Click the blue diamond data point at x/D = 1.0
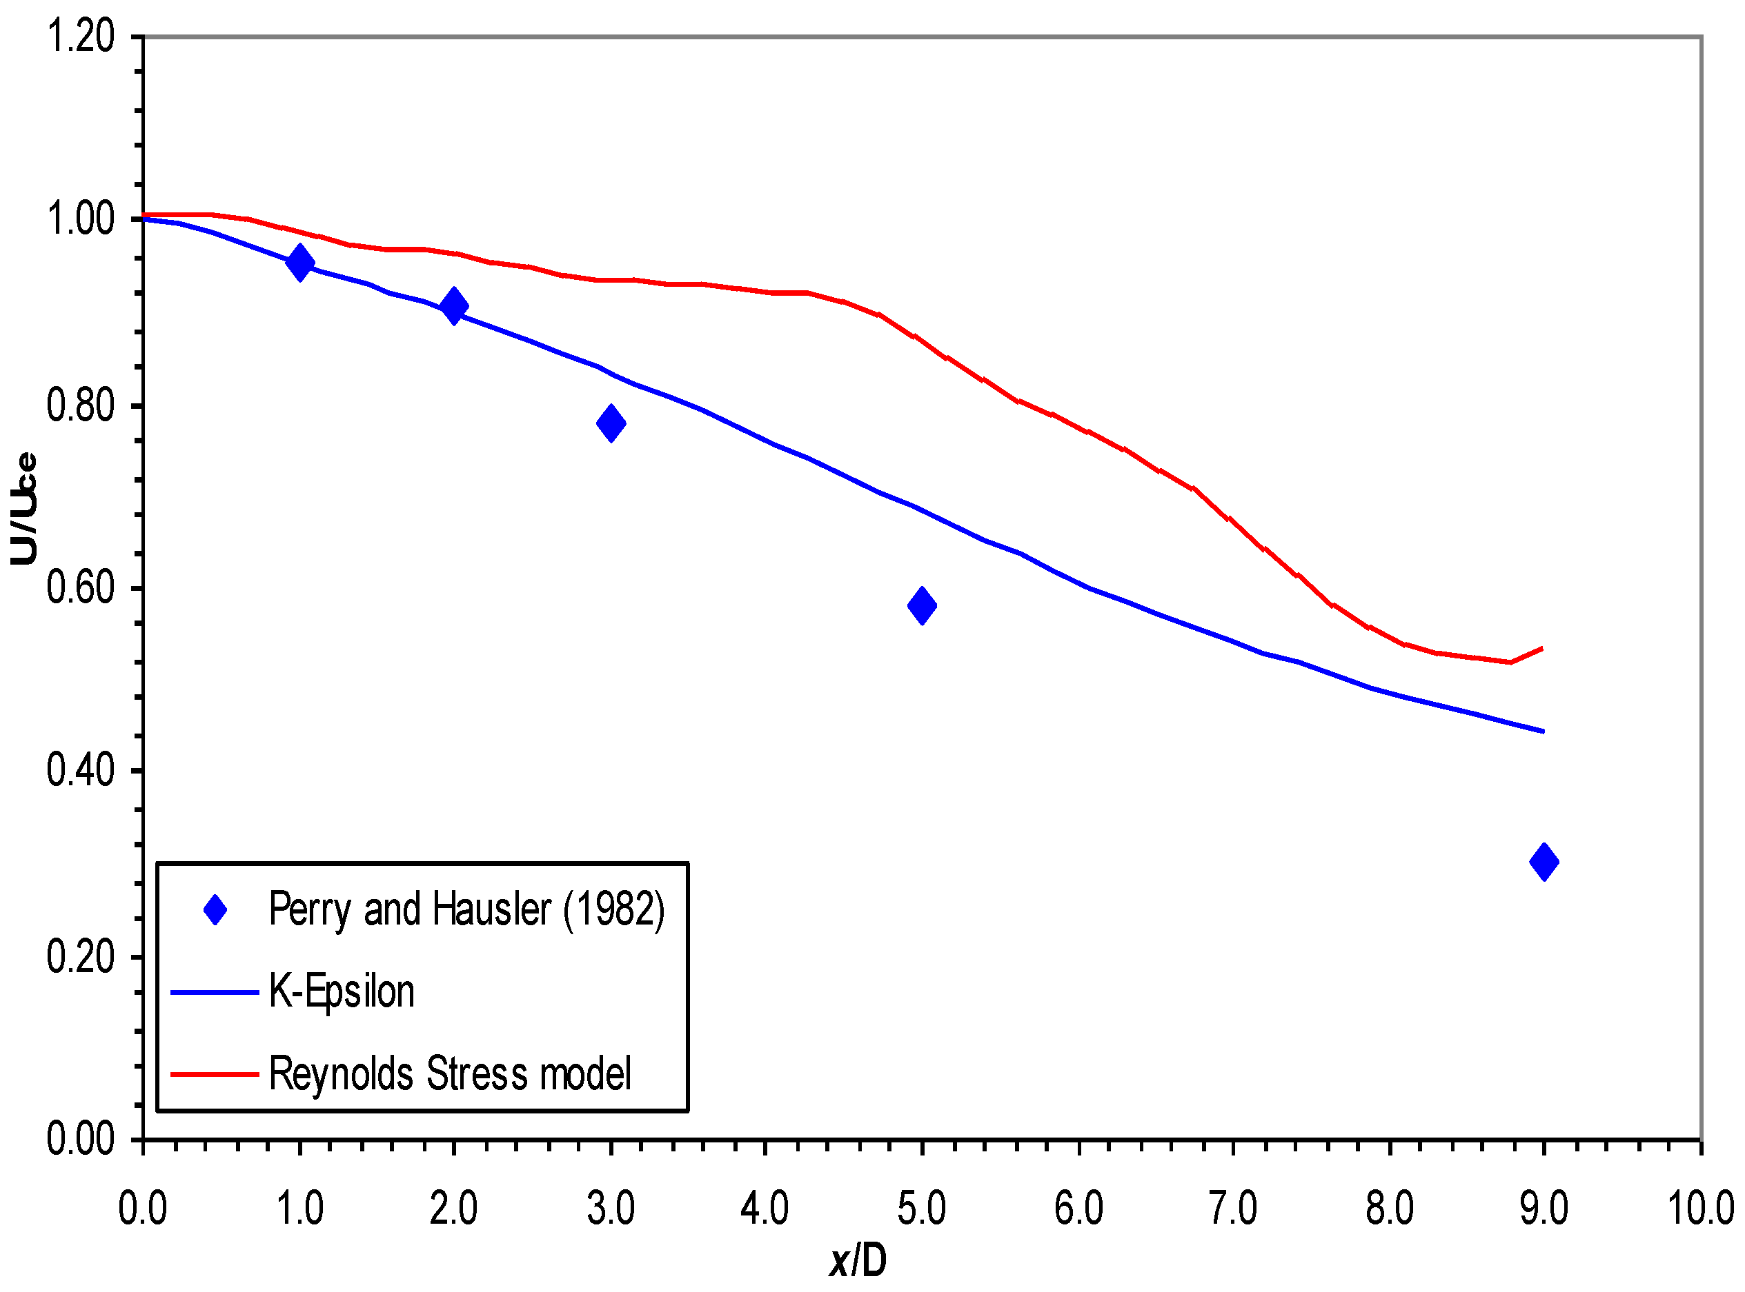click(299, 262)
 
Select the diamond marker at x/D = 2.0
click(454, 306)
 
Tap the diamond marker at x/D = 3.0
click(611, 423)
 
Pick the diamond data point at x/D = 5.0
click(922, 605)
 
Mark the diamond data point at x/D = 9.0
click(1544, 862)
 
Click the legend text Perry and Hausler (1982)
click(466, 909)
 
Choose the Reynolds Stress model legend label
click(450, 1074)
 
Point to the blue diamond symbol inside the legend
click(215, 910)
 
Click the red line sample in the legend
click(215, 1075)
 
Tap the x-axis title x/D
click(858, 1262)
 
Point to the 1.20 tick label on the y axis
click(81, 37)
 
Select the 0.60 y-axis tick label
click(81, 588)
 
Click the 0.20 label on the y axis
click(81, 956)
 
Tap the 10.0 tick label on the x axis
click(1700, 1209)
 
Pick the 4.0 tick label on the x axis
click(765, 1209)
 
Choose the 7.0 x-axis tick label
click(1233, 1209)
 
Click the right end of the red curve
click(1541, 648)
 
